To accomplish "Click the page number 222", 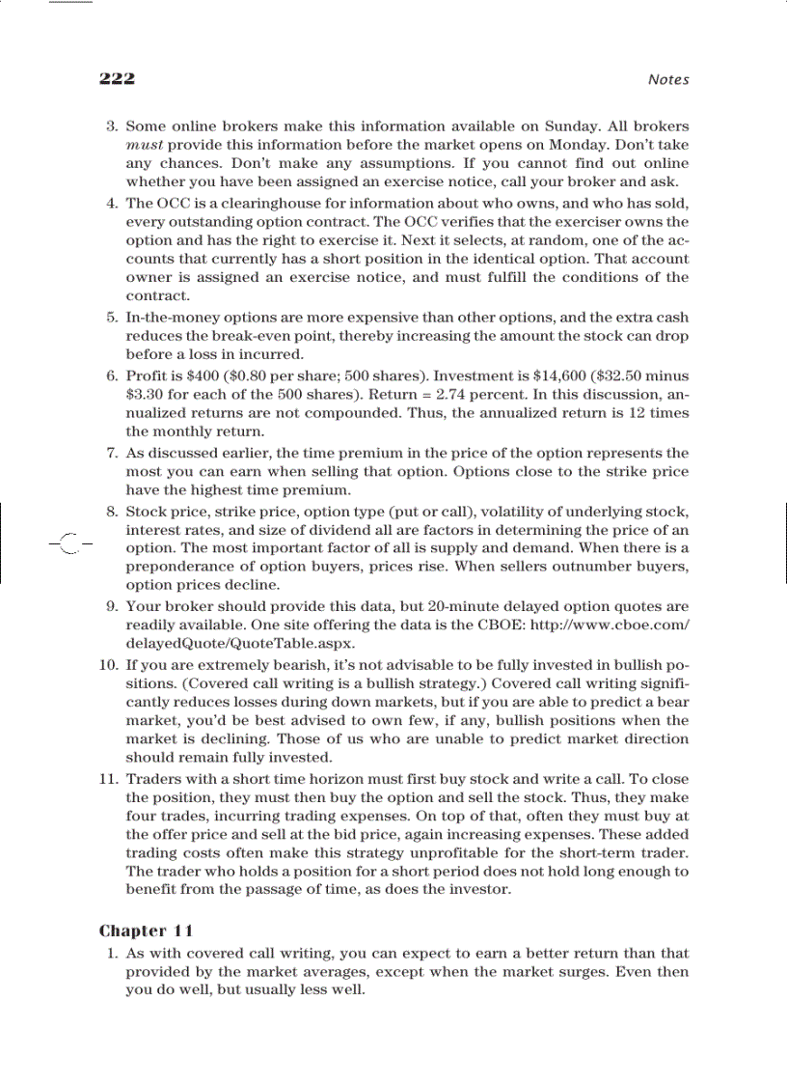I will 117,79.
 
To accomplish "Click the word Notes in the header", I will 668,80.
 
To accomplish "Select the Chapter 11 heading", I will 147,931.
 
